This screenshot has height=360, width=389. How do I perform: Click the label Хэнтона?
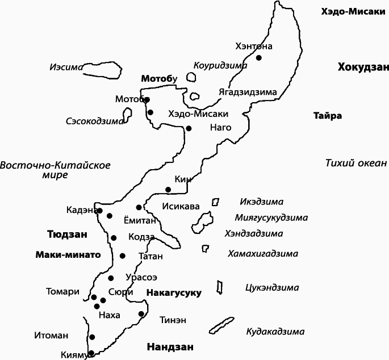(254, 46)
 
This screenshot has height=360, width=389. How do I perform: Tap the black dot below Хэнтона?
(258, 57)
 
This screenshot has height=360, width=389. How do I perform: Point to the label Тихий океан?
(355, 164)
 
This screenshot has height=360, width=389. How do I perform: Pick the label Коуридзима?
(220, 65)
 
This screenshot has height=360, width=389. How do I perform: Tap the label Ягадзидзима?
(248, 92)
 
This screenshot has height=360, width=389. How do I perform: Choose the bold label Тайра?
(328, 116)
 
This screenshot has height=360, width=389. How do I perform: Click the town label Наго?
(221, 127)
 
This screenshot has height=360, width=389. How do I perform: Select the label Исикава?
(181, 206)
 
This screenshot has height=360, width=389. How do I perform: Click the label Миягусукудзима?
(271, 217)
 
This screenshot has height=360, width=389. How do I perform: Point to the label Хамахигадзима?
(263, 253)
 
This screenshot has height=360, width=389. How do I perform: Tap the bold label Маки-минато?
(68, 255)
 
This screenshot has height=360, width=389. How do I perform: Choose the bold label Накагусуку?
(174, 293)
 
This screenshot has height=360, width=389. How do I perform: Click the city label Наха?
(109, 314)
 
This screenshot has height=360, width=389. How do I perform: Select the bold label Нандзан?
(170, 347)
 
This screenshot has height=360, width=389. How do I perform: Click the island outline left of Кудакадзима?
(221, 325)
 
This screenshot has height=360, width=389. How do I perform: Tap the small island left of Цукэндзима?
(219, 287)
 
